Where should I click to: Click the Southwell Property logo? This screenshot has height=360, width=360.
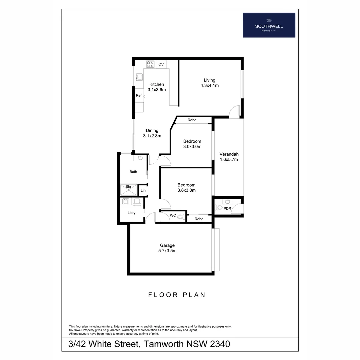tap(269, 25)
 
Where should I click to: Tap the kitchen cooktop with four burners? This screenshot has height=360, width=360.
tap(150, 64)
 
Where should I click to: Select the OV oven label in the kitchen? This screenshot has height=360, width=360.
tap(161, 64)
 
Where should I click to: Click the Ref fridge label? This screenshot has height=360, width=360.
tap(139, 96)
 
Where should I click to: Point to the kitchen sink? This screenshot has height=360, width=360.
tap(139, 77)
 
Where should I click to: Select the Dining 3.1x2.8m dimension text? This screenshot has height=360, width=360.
tap(152, 136)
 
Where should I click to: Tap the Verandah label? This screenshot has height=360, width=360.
tap(229, 154)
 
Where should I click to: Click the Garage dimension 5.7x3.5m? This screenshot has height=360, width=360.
tap(167, 251)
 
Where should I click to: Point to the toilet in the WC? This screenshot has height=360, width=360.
tap(180, 217)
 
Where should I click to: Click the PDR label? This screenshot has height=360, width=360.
tap(227, 208)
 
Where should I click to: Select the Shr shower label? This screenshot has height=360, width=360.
tap(128, 187)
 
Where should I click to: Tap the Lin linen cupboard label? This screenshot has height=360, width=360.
tap(143, 191)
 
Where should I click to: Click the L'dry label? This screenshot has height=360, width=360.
tap(131, 213)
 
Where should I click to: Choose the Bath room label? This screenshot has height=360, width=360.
tap(133, 172)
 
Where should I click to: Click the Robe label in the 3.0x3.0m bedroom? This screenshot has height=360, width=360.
tap(192, 120)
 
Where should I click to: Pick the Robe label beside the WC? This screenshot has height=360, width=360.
tap(199, 219)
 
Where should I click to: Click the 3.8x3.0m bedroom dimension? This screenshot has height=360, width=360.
tap(186, 190)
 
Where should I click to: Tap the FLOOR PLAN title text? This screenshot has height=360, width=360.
tap(177, 295)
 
